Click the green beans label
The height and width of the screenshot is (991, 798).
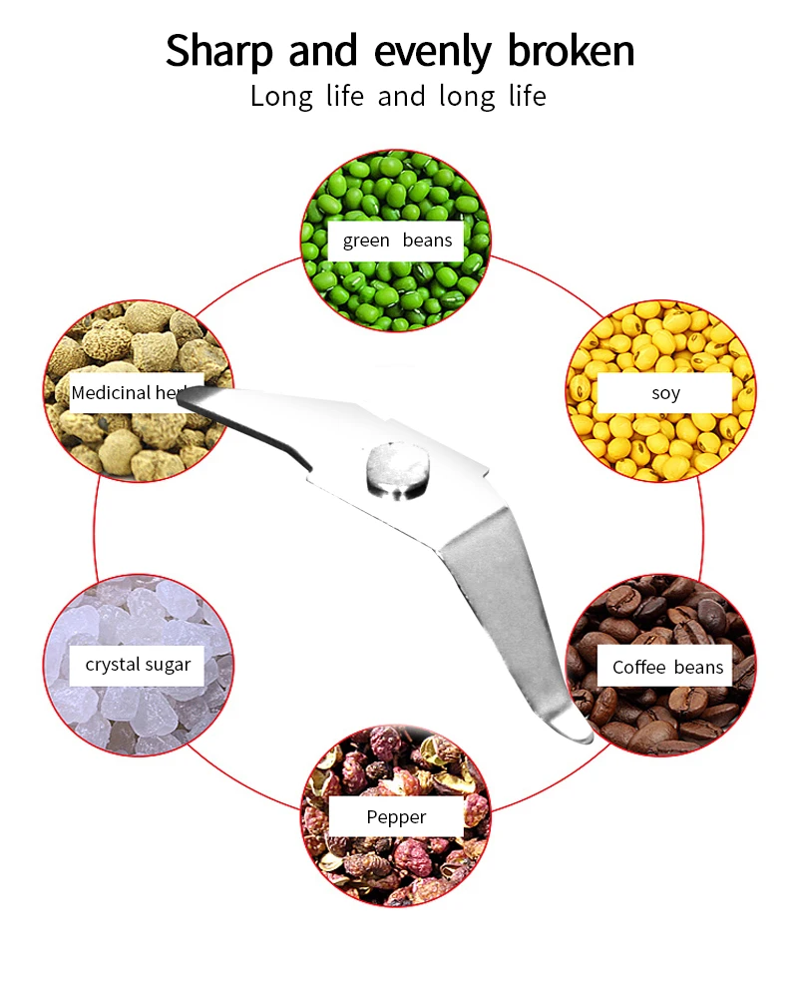pos(397,241)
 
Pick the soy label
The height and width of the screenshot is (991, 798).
pos(665,392)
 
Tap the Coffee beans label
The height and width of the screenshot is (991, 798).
pos(667,667)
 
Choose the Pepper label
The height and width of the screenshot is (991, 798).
pos(396,817)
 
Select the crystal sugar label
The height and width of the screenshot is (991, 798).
pos(138,664)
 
